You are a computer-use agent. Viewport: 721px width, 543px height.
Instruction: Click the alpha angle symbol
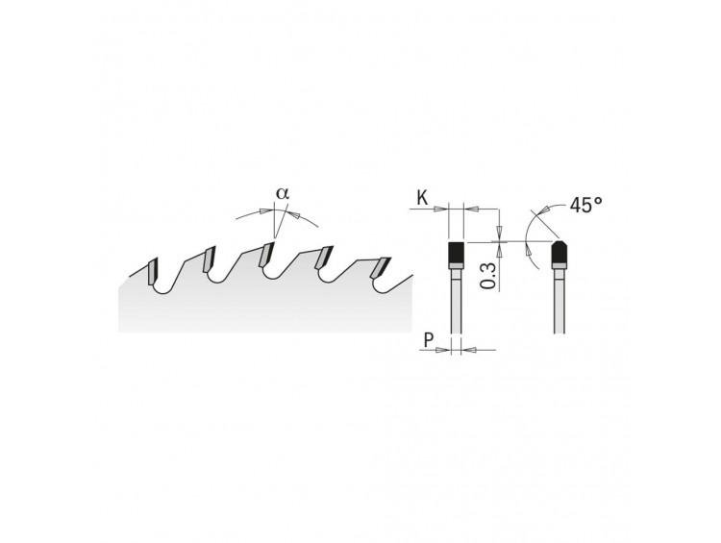tap(283, 193)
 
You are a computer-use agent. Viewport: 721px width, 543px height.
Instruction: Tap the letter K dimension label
tap(422, 199)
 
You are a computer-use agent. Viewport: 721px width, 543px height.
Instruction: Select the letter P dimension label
tap(429, 341)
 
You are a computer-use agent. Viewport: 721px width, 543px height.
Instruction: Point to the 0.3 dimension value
tap(489, 276)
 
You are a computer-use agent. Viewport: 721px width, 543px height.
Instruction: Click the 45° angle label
tap(585, 205)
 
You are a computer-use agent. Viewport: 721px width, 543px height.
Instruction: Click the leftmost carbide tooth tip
tap(152, 272)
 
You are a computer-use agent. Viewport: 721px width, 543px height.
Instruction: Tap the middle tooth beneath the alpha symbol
tap(266, 255)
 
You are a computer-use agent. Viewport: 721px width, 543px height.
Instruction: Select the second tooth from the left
tap(210, 259)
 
